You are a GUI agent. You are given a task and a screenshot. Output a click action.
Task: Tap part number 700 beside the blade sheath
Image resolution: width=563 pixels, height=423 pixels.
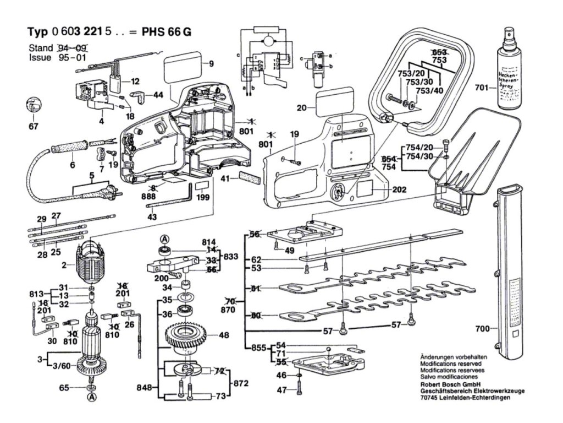click(x=482, y=329)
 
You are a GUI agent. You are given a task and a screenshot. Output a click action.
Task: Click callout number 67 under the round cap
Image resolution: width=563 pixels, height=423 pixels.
click(x=34, y=127)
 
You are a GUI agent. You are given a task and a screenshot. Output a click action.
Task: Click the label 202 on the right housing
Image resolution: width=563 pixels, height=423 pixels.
click(x=399, y=189)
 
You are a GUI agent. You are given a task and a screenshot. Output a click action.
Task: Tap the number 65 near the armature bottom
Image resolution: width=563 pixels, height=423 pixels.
click(x=64, y=388)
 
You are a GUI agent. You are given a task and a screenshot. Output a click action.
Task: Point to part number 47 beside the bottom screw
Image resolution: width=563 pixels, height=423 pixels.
click(x=281, y=390)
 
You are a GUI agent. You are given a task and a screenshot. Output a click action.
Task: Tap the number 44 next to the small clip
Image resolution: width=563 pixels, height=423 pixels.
click(x=158, y=95)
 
